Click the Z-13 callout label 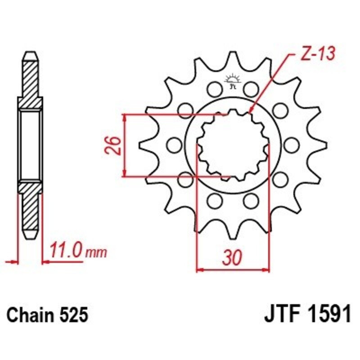pos(317,55)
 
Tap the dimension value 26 pos(115,145)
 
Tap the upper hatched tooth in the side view pos(30,79)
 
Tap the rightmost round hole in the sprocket pos(292,145)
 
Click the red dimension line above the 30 pos(233,270)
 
